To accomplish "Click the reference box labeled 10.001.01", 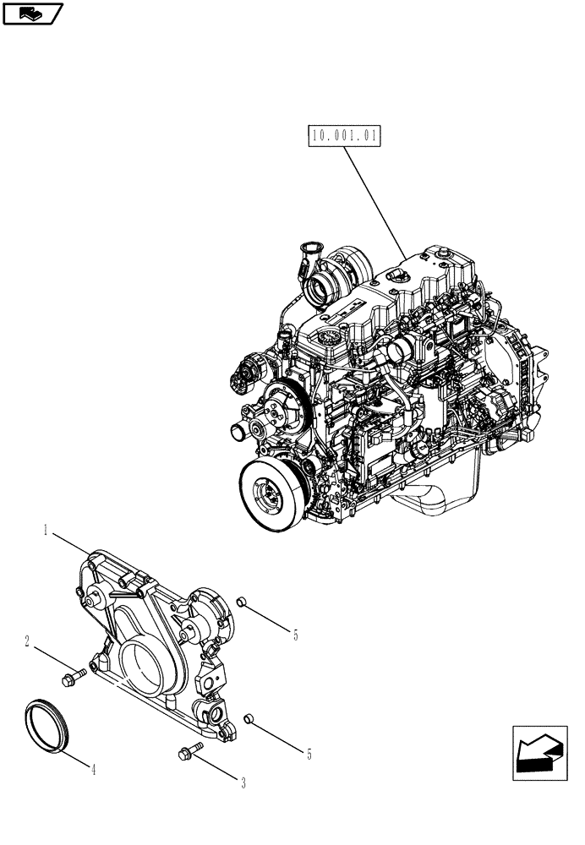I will point(347,136).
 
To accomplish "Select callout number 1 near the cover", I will point(45,531).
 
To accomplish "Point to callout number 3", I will point(243,783).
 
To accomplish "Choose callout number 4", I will point(93,770).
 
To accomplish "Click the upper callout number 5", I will point(295,635).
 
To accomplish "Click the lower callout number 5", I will point(309,755).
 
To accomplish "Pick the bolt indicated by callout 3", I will point(190,750).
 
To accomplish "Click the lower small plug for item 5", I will point(249,719).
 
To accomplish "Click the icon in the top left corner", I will point(32,13).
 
